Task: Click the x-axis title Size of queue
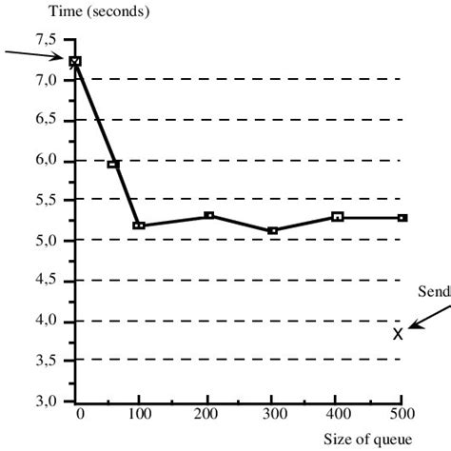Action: tap(368, 439)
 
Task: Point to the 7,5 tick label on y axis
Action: tap(47, 40)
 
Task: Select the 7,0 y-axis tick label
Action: tap(47, 80)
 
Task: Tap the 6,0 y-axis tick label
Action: tap(47, 161)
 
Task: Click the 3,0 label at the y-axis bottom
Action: tap(47, 402)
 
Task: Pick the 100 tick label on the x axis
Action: tap(139, 416)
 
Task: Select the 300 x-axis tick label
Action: tap(271, 416)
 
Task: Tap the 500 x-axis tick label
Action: tap(402, 416)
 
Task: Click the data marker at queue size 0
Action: tap(75, 61)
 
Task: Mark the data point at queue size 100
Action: tap(139, 225)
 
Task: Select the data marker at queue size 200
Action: tap(209, 216)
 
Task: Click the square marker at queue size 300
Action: tap(273, 230)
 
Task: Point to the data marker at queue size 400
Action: tap(338, 217)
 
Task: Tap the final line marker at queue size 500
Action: tap(402, 218)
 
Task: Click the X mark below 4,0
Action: tap(398, 333)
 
